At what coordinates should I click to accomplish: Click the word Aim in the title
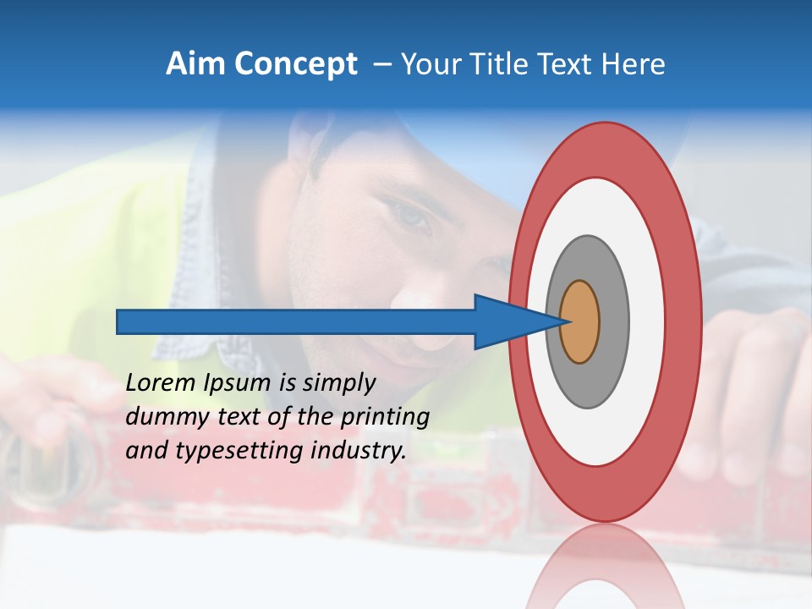coord(195,64)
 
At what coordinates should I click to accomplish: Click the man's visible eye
coord(412,216)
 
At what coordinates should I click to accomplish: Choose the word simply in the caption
coord(338,383)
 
